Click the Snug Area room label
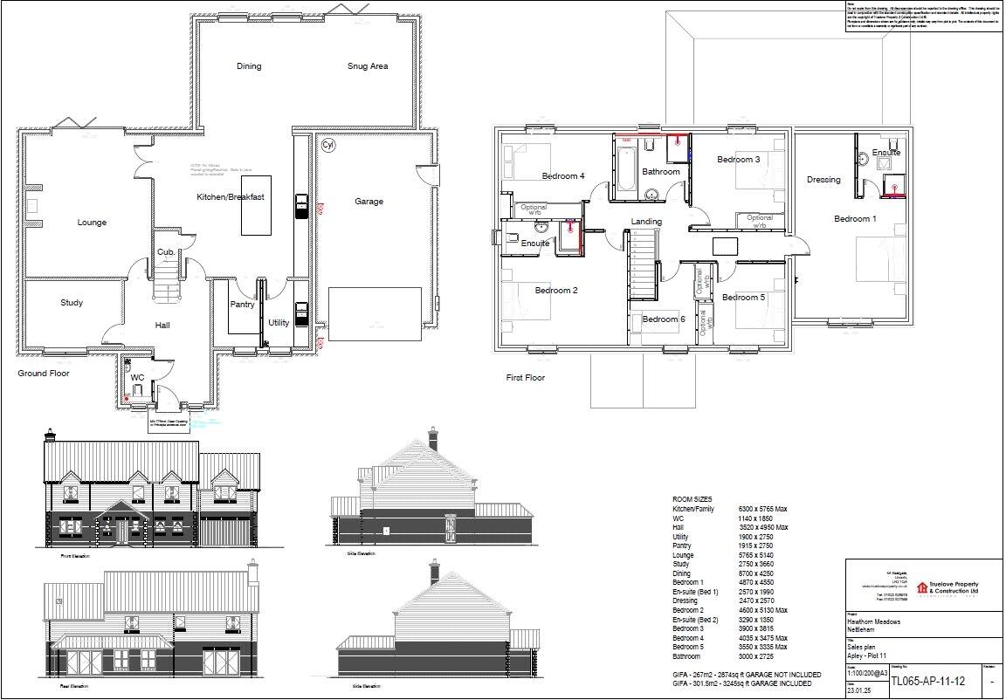(x=367, y=66)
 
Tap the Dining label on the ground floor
(x=249, y=66)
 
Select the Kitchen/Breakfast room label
(x=230, y=197)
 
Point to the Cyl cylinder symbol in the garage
(x=328, y=145)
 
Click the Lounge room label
(x=92, y=223)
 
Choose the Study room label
(x=72, y=303)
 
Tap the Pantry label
(x=242, y=305)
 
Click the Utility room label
(x=279, y=323)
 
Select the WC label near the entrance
(x=137, y=378)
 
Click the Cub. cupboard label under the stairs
(x=165, y=252)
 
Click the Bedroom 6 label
(x=664, y=319)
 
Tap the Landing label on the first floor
(x=646, y=222)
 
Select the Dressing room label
(x=823, y=180)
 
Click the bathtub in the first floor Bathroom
(x=627, y=168)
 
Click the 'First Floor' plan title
(x=526, y=378)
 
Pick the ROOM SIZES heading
(x=692, y=499)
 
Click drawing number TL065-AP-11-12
(x=927, y=681)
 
